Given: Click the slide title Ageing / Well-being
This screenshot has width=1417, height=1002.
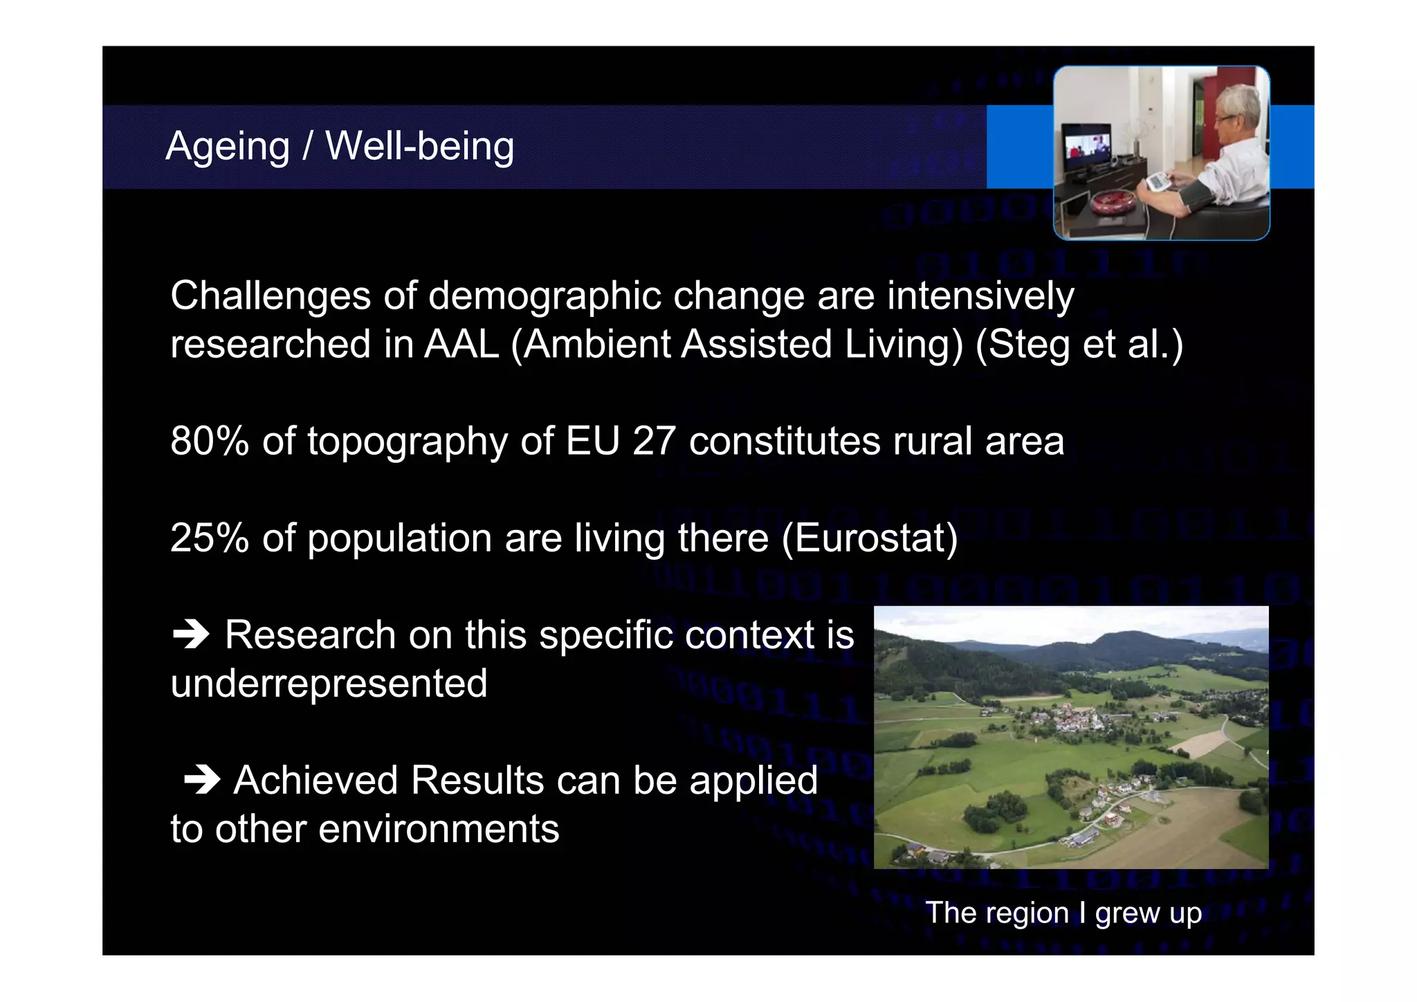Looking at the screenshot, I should point(340,147).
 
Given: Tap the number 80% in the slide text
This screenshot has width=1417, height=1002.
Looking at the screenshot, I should point(209,441).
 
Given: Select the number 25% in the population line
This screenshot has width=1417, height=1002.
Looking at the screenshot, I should point(209,538).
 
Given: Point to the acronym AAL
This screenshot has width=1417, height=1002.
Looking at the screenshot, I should point(461,344).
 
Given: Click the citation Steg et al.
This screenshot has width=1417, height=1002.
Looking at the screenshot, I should point(1079,344).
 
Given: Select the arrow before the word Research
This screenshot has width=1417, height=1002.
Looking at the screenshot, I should point(191,635).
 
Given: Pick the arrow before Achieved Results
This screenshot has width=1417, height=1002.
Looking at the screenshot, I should point(202,781).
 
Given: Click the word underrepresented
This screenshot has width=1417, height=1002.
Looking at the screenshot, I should point(329,684).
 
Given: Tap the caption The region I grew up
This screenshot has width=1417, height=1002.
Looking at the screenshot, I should point(1063,913).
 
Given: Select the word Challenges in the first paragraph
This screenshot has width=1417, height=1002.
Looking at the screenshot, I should point(271,296).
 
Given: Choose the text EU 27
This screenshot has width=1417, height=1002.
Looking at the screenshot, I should point(620,441).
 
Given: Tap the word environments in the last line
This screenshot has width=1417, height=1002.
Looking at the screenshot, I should point(438,829).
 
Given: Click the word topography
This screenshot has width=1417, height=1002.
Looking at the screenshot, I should point(408,441).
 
